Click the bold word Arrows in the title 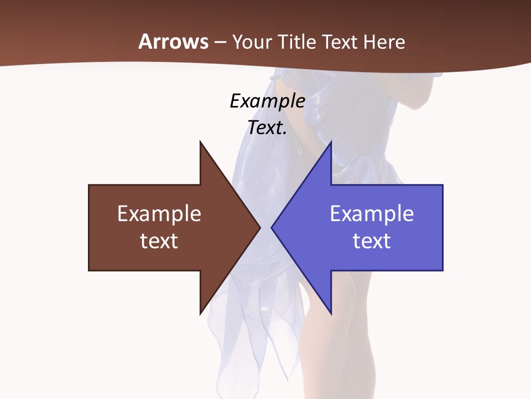click(173, 42)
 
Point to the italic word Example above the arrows click(267, 101)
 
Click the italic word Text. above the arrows click(267, 128)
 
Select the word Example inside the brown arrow click(159, 214)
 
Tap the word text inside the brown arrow click(159, 241)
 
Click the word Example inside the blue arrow click(372, 214)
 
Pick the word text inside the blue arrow click(372, 241)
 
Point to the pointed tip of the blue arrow click(272, 227)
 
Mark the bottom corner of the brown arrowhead click(201, 313)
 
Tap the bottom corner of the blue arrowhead click(330, 313)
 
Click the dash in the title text click(220, 42)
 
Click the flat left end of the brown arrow click(90, 227)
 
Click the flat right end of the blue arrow click(442, 227)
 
